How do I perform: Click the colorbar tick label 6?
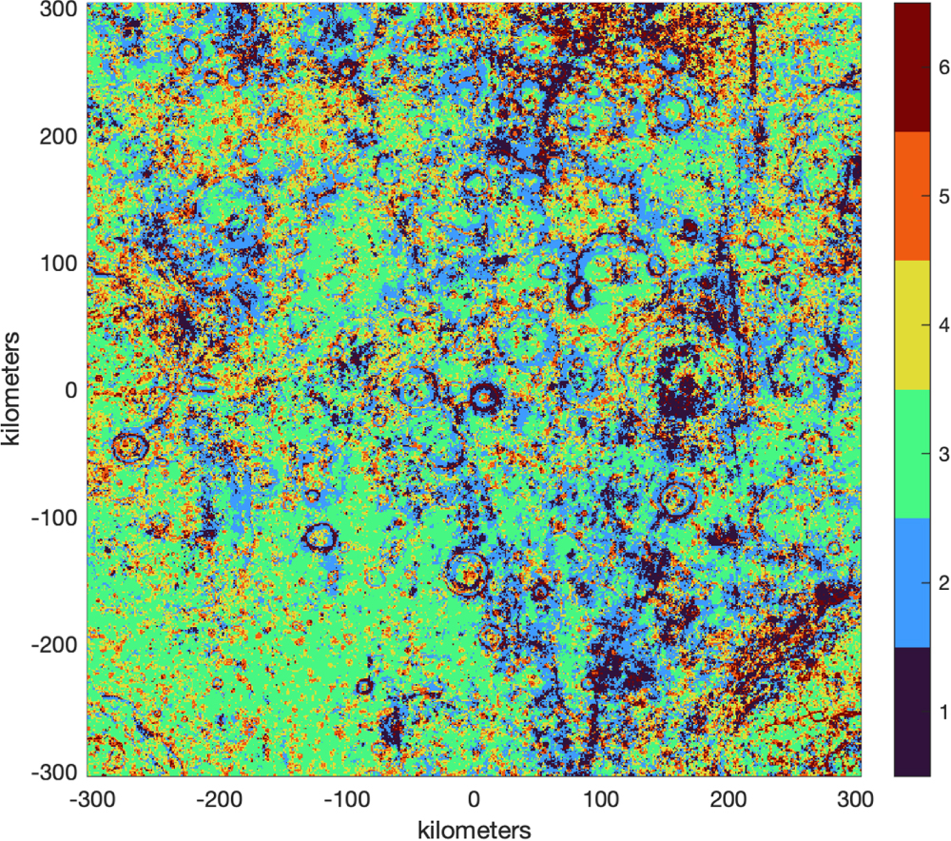pos(942,68)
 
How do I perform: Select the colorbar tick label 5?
pos(942,197)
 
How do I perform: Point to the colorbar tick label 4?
pos(942,325)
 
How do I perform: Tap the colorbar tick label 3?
pos(942,455)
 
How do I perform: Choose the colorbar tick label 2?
pos(942,583)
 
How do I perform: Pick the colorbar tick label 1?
pos(942,713)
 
